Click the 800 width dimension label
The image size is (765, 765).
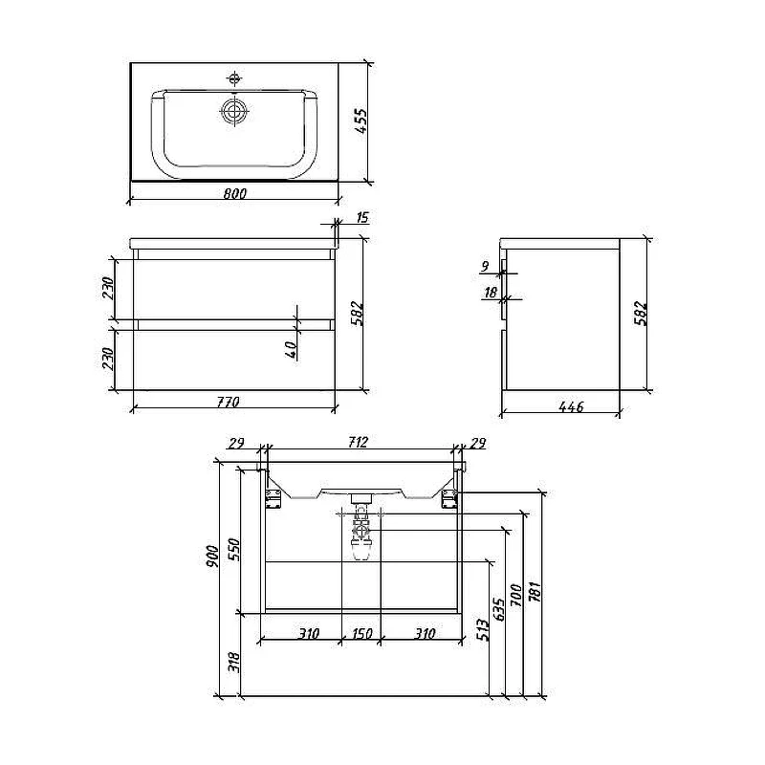[x=235, y=193]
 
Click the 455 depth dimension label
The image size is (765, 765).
[x=361, y=120]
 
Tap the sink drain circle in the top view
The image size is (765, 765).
[x=234, y=111]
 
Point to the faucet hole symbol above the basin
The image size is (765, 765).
[x=234, y=78]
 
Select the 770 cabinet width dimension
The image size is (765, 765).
[x=229, y=402]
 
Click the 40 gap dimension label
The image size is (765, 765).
[x=291, y=349]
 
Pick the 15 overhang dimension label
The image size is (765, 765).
[x=362, y=217]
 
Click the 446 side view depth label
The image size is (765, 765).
[x=571, y=405]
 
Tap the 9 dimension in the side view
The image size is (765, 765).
[x=485, y=267]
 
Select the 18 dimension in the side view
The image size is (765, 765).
[x=491, y=292]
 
